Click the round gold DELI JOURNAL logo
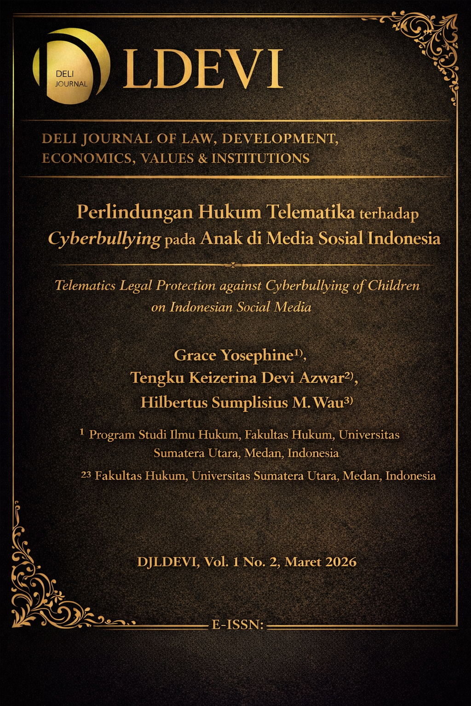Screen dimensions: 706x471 [x=70, y=66]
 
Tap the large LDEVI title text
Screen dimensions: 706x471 [x=202, y=69]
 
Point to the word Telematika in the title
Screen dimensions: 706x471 [x=311, y=212]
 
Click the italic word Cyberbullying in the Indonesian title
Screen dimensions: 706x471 [x=104, y=239]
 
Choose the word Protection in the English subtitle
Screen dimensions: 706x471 [x=185, y=285]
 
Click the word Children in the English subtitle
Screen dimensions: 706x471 [x=394, y=285]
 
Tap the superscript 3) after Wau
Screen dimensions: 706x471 [x=349, y=401]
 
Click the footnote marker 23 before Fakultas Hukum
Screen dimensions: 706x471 [x=86, y=475]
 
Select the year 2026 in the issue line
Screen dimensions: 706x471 [x=340, y=562]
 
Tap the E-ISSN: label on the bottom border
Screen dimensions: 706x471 [x=237, y=625]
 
